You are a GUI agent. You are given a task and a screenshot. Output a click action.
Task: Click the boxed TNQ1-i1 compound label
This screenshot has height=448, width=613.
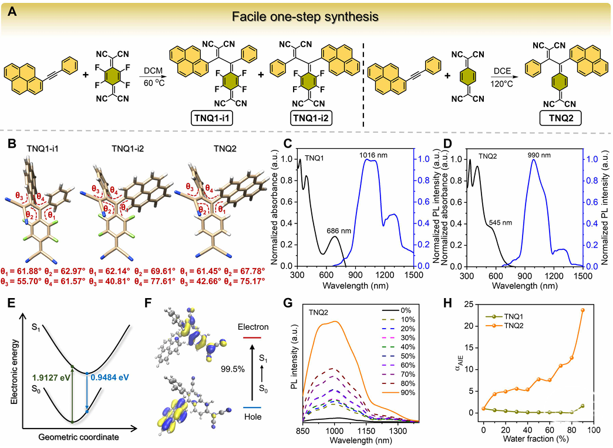click(x=212, y=118)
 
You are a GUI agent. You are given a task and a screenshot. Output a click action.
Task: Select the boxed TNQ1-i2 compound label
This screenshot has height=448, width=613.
click(x=311, y=118)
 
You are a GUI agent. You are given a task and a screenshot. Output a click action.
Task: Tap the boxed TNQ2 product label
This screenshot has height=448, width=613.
click(x=561, y=118)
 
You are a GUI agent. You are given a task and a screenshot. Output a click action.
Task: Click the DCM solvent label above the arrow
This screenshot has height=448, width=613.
click(x=153, y=71)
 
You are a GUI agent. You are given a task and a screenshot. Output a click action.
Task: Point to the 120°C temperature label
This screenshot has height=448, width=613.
click(x=502, y=84)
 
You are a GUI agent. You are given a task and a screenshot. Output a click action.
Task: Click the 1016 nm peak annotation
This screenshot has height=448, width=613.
click(x=373, y=155)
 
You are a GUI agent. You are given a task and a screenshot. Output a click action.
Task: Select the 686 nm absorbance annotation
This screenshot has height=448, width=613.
click(x=339, y=230)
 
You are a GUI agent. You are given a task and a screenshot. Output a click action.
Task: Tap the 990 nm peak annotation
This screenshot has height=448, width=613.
click(x=538, y=155)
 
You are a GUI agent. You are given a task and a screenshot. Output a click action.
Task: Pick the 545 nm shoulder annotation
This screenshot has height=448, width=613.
click(x=500, y=222)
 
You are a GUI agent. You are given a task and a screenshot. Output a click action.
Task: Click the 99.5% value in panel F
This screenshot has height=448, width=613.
click(x=233, y=369)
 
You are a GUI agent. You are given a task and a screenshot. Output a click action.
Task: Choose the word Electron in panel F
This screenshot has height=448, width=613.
click(x=253, y=327)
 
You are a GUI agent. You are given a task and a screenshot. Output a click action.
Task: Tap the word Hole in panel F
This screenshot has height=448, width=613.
click(x=252, y=417)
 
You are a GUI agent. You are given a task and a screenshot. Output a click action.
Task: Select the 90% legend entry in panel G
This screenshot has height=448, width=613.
click(x=398, y=393)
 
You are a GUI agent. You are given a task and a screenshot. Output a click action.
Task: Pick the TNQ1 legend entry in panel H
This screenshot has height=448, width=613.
click(x=504, y=316)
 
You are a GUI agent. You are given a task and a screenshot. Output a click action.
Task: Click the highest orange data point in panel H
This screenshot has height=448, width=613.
click(x=582, y=310)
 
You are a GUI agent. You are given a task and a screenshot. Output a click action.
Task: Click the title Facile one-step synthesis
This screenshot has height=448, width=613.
click(x=305, y=16)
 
